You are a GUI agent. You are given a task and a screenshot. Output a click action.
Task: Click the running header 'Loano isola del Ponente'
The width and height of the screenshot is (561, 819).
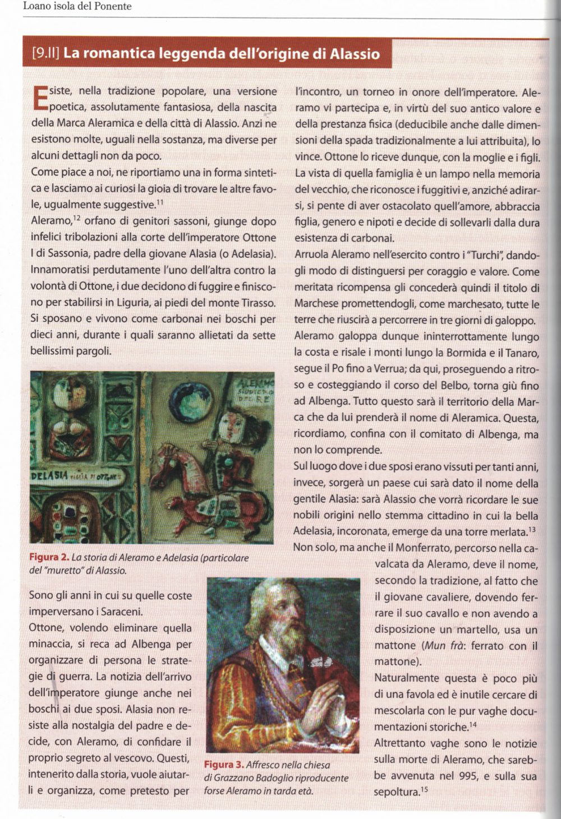(x=77, y=7)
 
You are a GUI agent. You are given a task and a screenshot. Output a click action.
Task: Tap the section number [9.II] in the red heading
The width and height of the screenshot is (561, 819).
(x=46, y=54)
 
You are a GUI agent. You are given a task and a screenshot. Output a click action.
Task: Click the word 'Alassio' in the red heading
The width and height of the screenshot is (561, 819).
(x=355, y=54)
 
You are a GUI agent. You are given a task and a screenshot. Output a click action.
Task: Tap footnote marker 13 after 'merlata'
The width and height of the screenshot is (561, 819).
(x=532, y=529)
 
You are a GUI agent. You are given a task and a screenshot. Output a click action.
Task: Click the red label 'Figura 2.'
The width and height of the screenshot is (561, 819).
(x=49, y=558)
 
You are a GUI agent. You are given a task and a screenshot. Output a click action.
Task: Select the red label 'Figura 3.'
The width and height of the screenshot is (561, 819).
(x=223, y=765)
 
